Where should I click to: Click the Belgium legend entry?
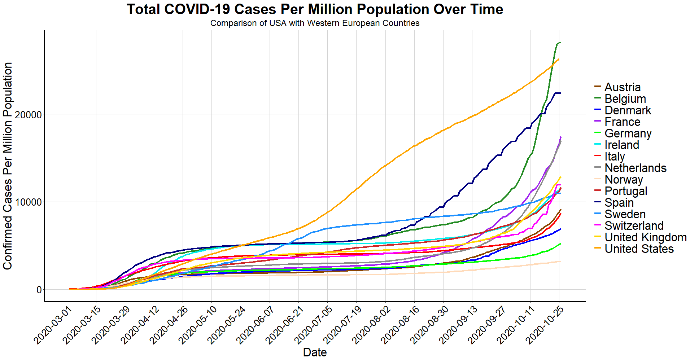pos(625,99)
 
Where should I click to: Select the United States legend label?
pos(639,249)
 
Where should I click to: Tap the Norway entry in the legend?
pos(624,180)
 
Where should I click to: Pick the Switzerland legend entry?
pos(634,226)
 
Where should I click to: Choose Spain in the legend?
pos(619,203)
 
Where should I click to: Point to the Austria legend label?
pos(623,87)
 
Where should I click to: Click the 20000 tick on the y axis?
pos(28,115)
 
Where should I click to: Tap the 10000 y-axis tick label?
pos(28,202)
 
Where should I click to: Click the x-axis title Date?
pos(315,352)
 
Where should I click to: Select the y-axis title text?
pos(8,166)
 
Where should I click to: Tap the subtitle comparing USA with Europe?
pos(315,23)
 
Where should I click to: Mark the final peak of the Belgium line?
pos(560,43)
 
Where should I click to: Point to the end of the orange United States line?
pos(559,60)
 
